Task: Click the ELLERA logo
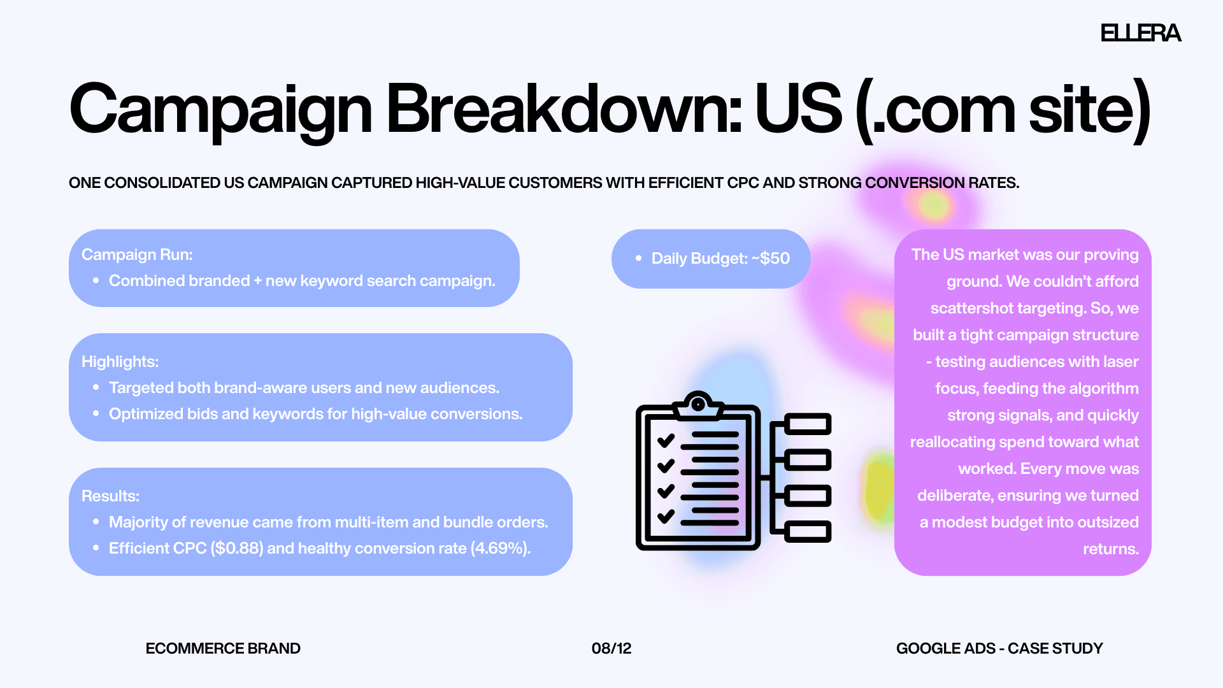1140,33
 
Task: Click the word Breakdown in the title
564,110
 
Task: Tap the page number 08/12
611,649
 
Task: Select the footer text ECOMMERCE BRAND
223,649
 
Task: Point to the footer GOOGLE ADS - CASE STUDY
999,649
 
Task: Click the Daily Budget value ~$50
771,259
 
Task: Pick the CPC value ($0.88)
237,548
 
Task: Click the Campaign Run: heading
137,255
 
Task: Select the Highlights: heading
120,362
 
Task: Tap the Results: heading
110,496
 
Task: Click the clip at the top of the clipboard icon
698,405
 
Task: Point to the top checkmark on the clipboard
666,440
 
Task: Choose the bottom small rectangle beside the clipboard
808,531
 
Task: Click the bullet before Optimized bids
96,413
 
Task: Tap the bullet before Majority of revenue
96,522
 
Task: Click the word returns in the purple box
1110,549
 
